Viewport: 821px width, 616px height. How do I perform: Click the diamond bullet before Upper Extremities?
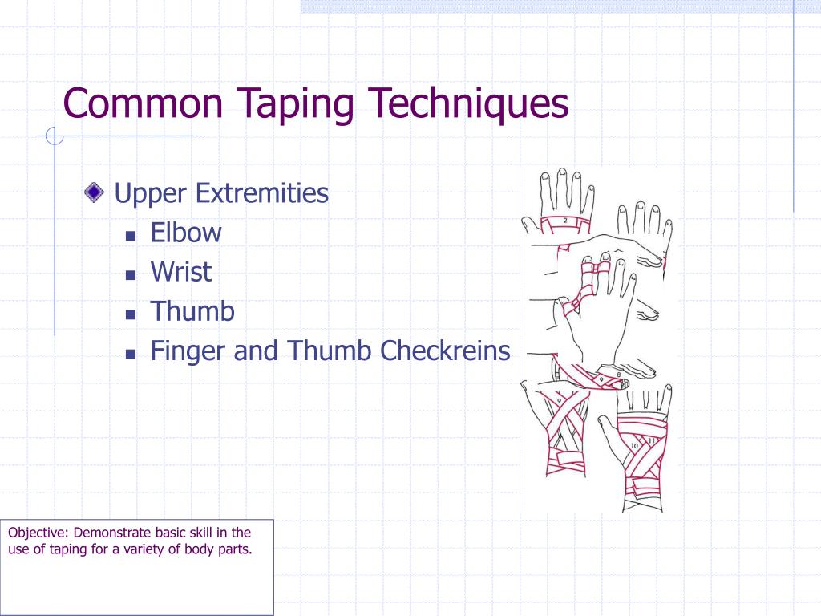pos(95,192)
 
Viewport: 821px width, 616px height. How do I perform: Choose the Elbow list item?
pos(186,233)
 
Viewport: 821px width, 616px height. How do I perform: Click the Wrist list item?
pos(181,271)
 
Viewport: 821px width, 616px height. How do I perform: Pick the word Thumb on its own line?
pos(192,310)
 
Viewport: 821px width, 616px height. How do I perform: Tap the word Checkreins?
pos(445,351)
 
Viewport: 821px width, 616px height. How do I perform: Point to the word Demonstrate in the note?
pos(110,532)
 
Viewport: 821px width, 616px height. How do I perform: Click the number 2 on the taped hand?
pos(564,221)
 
